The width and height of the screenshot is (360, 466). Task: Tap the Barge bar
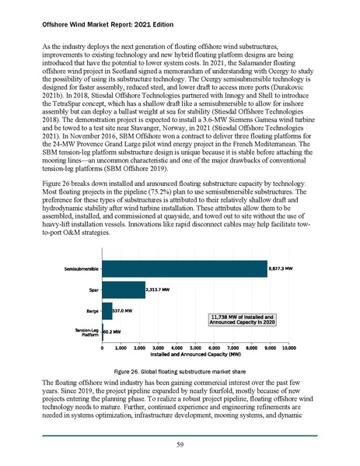click(x=107, y=311)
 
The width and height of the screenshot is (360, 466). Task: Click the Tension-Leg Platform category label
click(x=86, y=333)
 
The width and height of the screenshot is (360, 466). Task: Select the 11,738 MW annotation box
click(x=243, y=319)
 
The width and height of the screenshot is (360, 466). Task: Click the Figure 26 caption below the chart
click(x=180, y=373)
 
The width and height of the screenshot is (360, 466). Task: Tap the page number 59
click(x=180, y=444)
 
